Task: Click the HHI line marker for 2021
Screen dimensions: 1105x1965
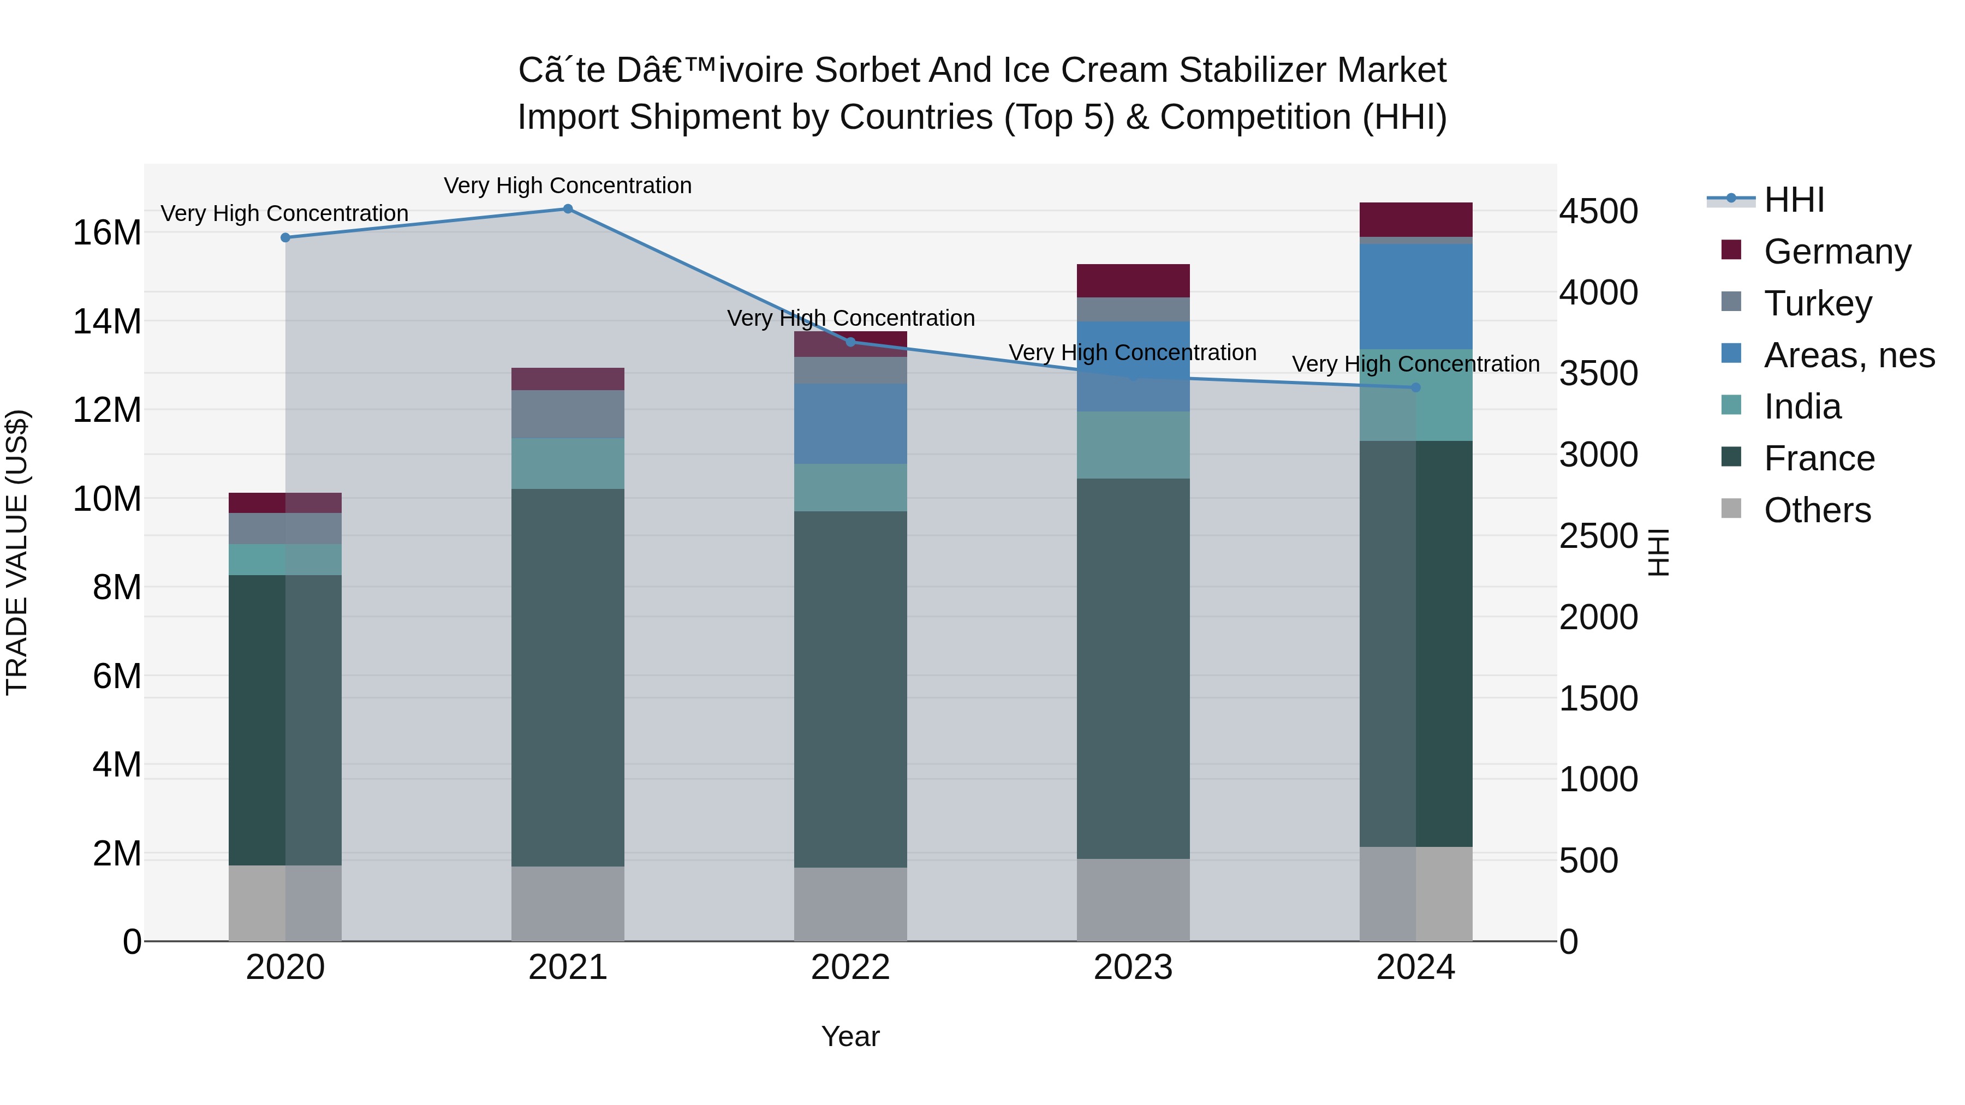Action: (x=568, y=209)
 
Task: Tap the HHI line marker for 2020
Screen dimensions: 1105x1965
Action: (x=285, y=238)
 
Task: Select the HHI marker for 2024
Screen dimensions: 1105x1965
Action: (x=1416, y=387)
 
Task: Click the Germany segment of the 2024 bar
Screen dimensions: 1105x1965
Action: (x=1416, y=219)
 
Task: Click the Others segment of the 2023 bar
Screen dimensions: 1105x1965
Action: (x=1133, y=900)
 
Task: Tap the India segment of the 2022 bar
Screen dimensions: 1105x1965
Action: (x=850, y=487)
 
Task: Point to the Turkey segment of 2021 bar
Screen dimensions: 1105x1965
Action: (x=568, y=414)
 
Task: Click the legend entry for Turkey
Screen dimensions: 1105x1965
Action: (x=1818, y=303)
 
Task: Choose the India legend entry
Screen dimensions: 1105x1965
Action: (x=1802, y=407)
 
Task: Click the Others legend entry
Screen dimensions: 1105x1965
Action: (x=1817, y=510)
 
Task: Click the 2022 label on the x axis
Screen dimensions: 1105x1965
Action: (x=850, y=967)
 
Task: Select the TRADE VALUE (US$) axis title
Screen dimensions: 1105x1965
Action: (x=17, y=552)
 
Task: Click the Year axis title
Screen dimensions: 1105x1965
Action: (x=850, y=1036)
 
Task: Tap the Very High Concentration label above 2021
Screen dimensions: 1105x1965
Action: (x=568, y=186)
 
